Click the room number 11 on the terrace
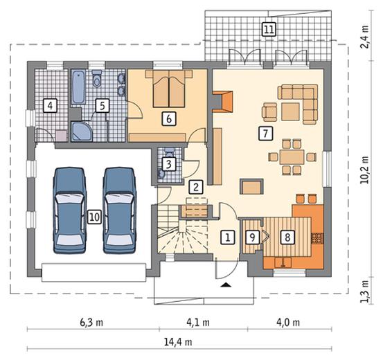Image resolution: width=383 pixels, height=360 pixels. click(x=269, y=29)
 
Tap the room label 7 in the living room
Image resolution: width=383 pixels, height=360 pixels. click(x=265, y=134)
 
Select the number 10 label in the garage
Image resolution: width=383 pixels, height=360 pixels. click(x=94, y=217)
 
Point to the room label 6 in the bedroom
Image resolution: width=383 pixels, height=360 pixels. click(x=169, y=119)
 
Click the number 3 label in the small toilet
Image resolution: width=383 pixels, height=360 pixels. click(x=168, y=164)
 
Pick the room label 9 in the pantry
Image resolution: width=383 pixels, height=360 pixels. click(x=252, y=237)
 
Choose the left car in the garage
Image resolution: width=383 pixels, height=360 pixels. click(x=70, y=210)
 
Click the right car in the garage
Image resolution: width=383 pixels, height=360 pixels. click(x=119, y=210)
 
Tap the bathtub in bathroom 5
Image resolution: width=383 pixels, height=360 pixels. click(x=78, y=87)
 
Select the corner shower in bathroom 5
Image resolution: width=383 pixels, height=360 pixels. click(x=81, y=132)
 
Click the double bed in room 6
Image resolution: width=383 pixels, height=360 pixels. click(x=169, y=89)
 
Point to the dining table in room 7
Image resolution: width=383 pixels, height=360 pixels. click(x=292, y=157)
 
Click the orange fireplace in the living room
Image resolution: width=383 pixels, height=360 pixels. click(x=222, y=102)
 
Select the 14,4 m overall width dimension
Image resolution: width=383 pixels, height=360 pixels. click(x=178, y=342)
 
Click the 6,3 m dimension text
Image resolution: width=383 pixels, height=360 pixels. click(x=91, y=323)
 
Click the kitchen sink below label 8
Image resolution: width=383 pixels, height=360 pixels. click(x=283, y=262)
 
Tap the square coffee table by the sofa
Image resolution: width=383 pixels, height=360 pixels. click(x=290, y=111)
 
